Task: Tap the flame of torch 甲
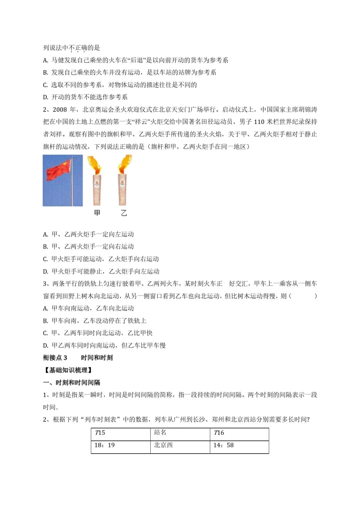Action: click(x=94, y=165)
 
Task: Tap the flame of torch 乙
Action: click(x=125, y=164)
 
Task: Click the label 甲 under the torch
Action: click(x=97, y=213)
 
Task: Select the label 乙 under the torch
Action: click(x=124, y=213)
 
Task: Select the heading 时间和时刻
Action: click(x=97, y=358)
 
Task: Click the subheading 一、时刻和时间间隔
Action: click(x=72, y=382)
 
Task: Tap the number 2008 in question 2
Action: click(x=60, y=110)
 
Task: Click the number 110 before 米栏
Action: click(x=259, y=122)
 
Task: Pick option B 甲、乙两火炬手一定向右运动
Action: click(x=88, y=247)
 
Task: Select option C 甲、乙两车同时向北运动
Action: click(x=98, y=333)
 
